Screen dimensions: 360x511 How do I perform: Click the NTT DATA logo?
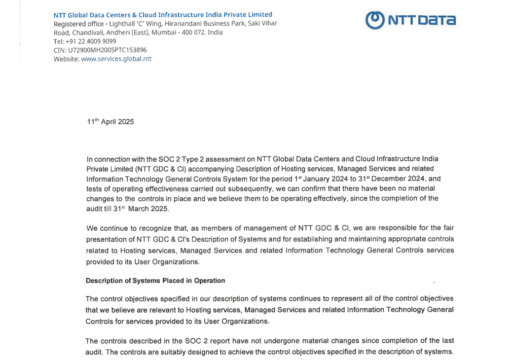click(x=410, y=20)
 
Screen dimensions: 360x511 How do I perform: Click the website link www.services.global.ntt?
click(x=116, y=59)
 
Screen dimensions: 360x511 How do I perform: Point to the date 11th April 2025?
click(x=111, y=122)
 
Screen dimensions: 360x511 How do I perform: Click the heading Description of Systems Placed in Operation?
click(x=155, y=281)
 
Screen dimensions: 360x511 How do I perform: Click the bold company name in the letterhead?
click(x=163, y=15)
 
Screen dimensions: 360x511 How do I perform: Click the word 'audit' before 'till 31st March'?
click(x=94, y=208)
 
